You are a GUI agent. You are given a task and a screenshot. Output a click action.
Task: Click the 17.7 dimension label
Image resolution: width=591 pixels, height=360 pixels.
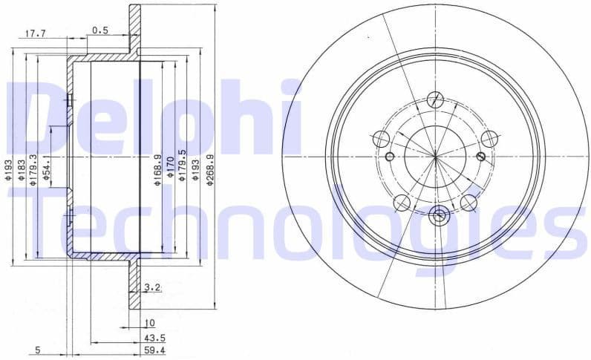36,33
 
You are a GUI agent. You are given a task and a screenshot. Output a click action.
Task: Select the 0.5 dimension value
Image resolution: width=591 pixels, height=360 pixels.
100,30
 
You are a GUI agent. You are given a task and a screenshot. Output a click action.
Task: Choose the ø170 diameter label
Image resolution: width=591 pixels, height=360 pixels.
170,170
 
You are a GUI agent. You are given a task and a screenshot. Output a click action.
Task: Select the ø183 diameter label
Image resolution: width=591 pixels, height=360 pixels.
22,167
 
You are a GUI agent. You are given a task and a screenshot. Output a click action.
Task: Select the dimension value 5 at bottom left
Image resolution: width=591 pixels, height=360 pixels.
37,350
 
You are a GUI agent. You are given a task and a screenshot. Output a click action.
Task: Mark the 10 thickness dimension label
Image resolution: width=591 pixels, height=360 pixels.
149,323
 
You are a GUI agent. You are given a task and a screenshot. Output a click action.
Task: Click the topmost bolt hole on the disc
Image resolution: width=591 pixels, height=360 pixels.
436,100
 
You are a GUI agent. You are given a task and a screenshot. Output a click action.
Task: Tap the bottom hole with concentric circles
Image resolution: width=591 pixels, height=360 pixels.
437,216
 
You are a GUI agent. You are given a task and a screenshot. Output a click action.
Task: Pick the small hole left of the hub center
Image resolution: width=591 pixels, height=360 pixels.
390,156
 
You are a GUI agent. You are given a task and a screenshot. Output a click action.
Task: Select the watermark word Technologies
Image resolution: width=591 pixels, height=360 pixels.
297,219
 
